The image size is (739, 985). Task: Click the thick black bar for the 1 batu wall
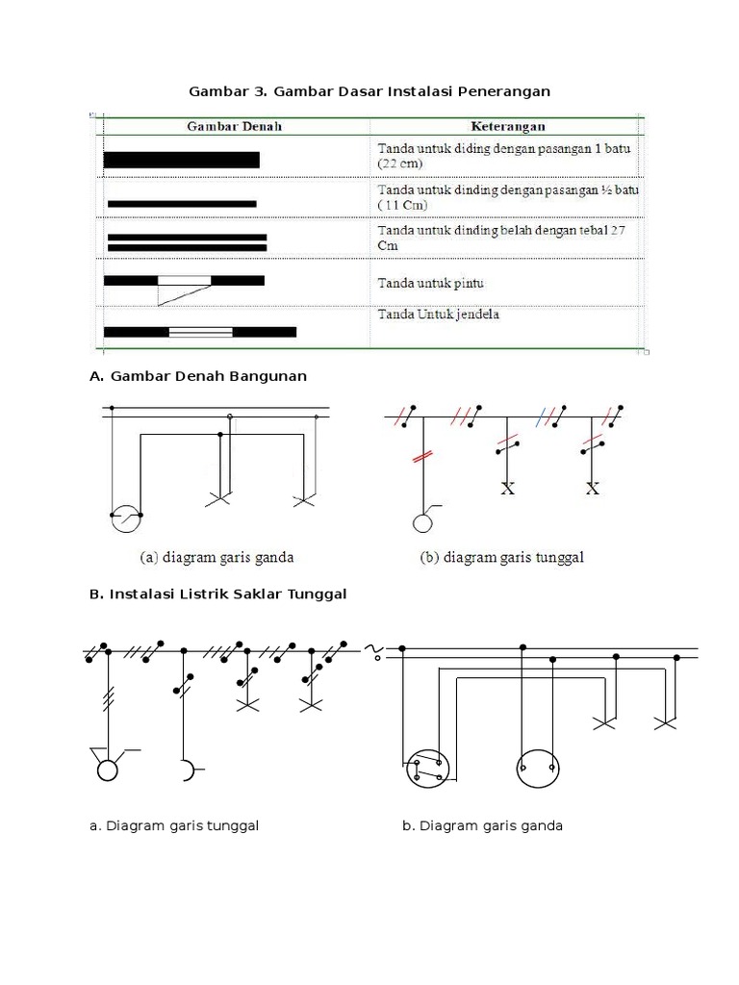pos(181,161)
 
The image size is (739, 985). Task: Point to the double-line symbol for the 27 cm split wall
pos(187,241)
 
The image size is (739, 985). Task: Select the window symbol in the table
pos(200,332)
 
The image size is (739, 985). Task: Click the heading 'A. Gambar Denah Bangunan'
pos(198,376)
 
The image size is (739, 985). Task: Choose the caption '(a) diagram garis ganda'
pos(217,557)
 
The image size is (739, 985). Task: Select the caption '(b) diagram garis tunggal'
pos(502,557)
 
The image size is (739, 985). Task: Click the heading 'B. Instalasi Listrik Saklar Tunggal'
pos(217,594)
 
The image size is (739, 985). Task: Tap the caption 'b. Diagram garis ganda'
pos(482,825)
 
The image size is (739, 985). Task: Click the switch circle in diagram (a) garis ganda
pos(126,518)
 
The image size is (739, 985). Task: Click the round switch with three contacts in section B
pos(425,769)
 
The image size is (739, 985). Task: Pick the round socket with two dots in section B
pos(537,769)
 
